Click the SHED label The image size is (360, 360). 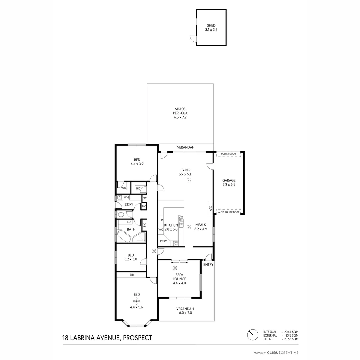[x=211, y=25]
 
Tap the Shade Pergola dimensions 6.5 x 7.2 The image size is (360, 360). [x=180, y=117]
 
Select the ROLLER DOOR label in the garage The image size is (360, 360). [x=228, y=154]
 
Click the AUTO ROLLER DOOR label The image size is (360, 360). [x=228, y=212]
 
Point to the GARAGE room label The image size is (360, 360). [x=229, y=180]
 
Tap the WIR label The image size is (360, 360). [x=124, y=188]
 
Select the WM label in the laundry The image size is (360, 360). [x=126, y=198]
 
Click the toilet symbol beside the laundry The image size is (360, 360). [x=120, y=214]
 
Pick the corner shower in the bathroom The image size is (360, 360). [x=139, y=237]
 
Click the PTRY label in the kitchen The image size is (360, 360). [x=163, y=241]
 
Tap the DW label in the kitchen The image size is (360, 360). [x=181, y=217]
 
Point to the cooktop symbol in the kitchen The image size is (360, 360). [x=176, y=244]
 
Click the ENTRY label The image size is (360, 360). [x=208, y=265]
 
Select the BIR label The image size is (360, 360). [x=132, y=275]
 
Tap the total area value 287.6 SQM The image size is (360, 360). [x=291, y=339]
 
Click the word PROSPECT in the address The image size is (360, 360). [x=138, y=338]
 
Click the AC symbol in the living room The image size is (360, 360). [x=189, y=180]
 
